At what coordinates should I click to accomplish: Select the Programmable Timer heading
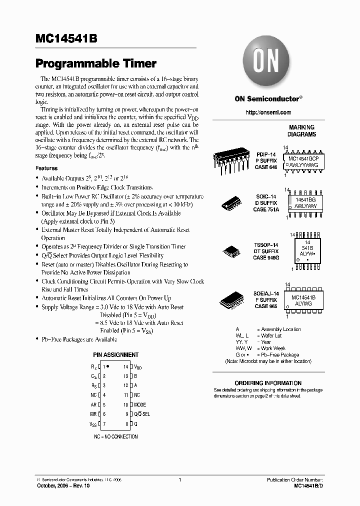tap(96, 64)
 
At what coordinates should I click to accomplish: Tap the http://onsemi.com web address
tap(268, 112)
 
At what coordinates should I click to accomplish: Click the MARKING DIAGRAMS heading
tap(301, 131)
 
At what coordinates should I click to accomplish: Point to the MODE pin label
tap(140, 404)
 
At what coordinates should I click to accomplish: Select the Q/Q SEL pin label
tap(141, 414)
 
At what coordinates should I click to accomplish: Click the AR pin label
tap(93, 404)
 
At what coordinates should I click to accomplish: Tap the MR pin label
tap(93, 414)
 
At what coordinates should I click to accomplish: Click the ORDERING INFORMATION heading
tap(268, 383)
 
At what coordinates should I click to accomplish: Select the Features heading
tap(46, 168)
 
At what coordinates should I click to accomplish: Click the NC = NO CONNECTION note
tap(115, 436)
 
